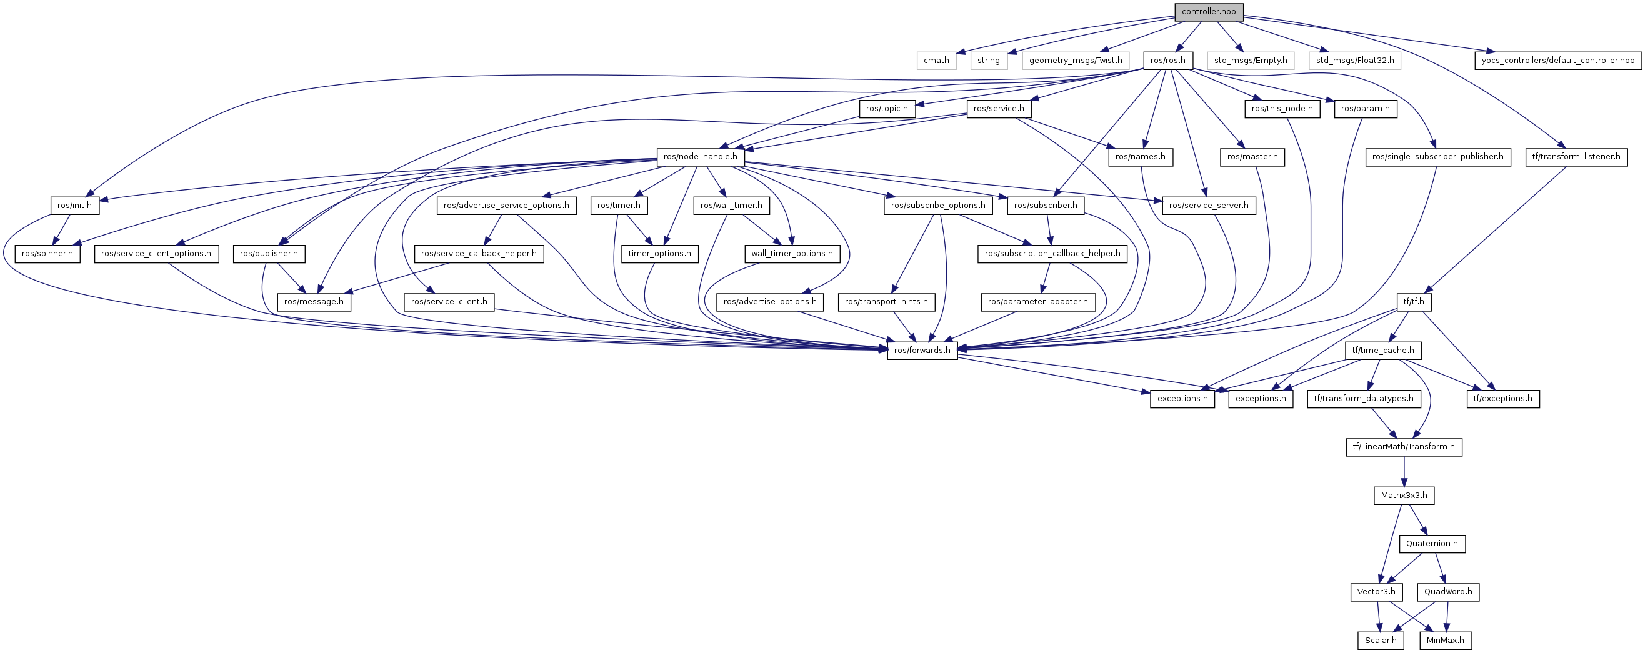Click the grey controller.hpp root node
tap(1208, 11)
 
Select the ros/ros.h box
tap(1167, 60)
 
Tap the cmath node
tap(936, 60)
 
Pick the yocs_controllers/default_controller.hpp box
tap(1557, 60)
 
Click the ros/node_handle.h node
tap(700, 156)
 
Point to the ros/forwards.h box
tap(922, 350)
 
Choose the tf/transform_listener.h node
tap(1576, 156)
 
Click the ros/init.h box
tap(75, 205)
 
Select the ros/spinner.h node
tap(47, 254)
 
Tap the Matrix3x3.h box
tap(1404, 495)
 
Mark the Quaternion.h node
tap(1432, 543)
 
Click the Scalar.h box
tap(1381, 640)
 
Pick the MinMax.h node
tap(1445, 640)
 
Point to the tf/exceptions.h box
tap(1502, 398)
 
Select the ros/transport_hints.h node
tap(886, 301)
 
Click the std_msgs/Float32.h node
tap(1354, 60)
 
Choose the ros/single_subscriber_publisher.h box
tap(1437, 156)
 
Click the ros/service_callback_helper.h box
tap(478, 254)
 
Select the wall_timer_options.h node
tap(792, 254)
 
